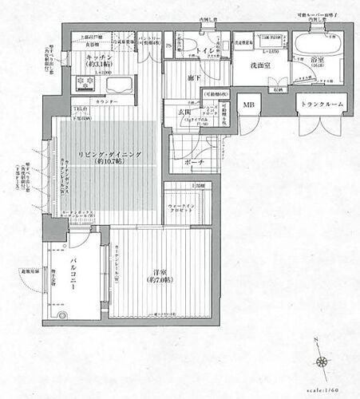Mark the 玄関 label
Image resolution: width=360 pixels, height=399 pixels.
pyautogui.click(x=184, y=113)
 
